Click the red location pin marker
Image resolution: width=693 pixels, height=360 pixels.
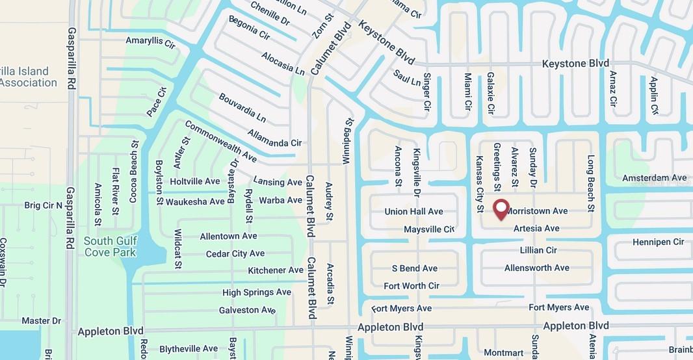(x=501, y=209)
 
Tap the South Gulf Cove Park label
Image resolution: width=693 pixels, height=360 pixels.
(x=110, y=246)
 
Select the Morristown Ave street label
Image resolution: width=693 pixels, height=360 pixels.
(x=537, y=211)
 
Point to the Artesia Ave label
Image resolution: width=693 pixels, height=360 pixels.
(x=536, y=229)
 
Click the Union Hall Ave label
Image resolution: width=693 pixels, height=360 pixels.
(x=413, y=212)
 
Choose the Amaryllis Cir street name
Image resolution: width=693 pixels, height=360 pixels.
(x=151, y=44)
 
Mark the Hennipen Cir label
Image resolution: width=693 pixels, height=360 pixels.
(x=658, y=242)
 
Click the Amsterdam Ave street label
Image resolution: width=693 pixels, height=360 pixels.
(x=654, y=178)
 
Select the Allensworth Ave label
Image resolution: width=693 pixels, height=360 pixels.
(x=536, y=268)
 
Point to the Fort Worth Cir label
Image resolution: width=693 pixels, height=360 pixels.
(x=412, y=286)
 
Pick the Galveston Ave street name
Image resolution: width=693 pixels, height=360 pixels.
(x=247, y=310)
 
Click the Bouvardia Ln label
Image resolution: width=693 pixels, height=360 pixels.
(x=242, y=109)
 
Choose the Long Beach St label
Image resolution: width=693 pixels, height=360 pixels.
(x=591, y=183)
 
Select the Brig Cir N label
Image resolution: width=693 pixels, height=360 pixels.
(x=44, y=205)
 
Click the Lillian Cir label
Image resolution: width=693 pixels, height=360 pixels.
(x=538, y=250)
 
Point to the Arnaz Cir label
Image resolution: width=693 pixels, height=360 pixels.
(x=612, y=89)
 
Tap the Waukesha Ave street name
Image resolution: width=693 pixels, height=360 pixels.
(x=195, y=202)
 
